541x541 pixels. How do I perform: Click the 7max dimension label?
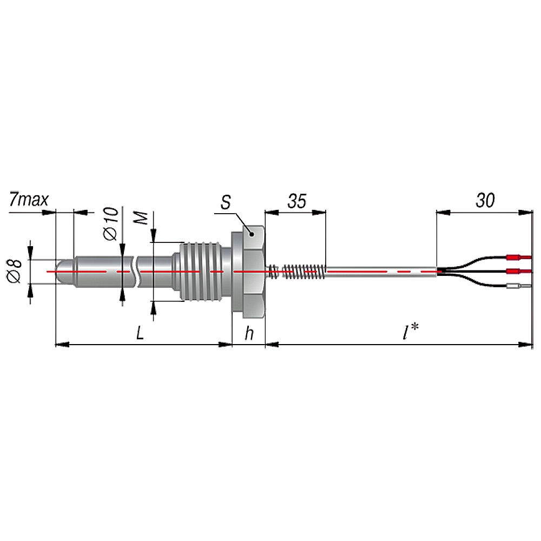pos(29,200)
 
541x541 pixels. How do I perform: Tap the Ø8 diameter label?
pos(15,272)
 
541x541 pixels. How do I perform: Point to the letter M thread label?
pos(141,218)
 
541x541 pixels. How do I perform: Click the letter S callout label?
pos(226,202)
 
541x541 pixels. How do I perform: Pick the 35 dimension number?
pos(296,201)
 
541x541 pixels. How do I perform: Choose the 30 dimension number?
pos(485,200)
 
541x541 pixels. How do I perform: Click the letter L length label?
pos(140,333)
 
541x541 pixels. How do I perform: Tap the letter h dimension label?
pos(249,333)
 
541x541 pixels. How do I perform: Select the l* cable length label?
pos(411,331)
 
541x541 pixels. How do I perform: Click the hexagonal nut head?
pos(254,272)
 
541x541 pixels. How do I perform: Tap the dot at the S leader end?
pos(252,234)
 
